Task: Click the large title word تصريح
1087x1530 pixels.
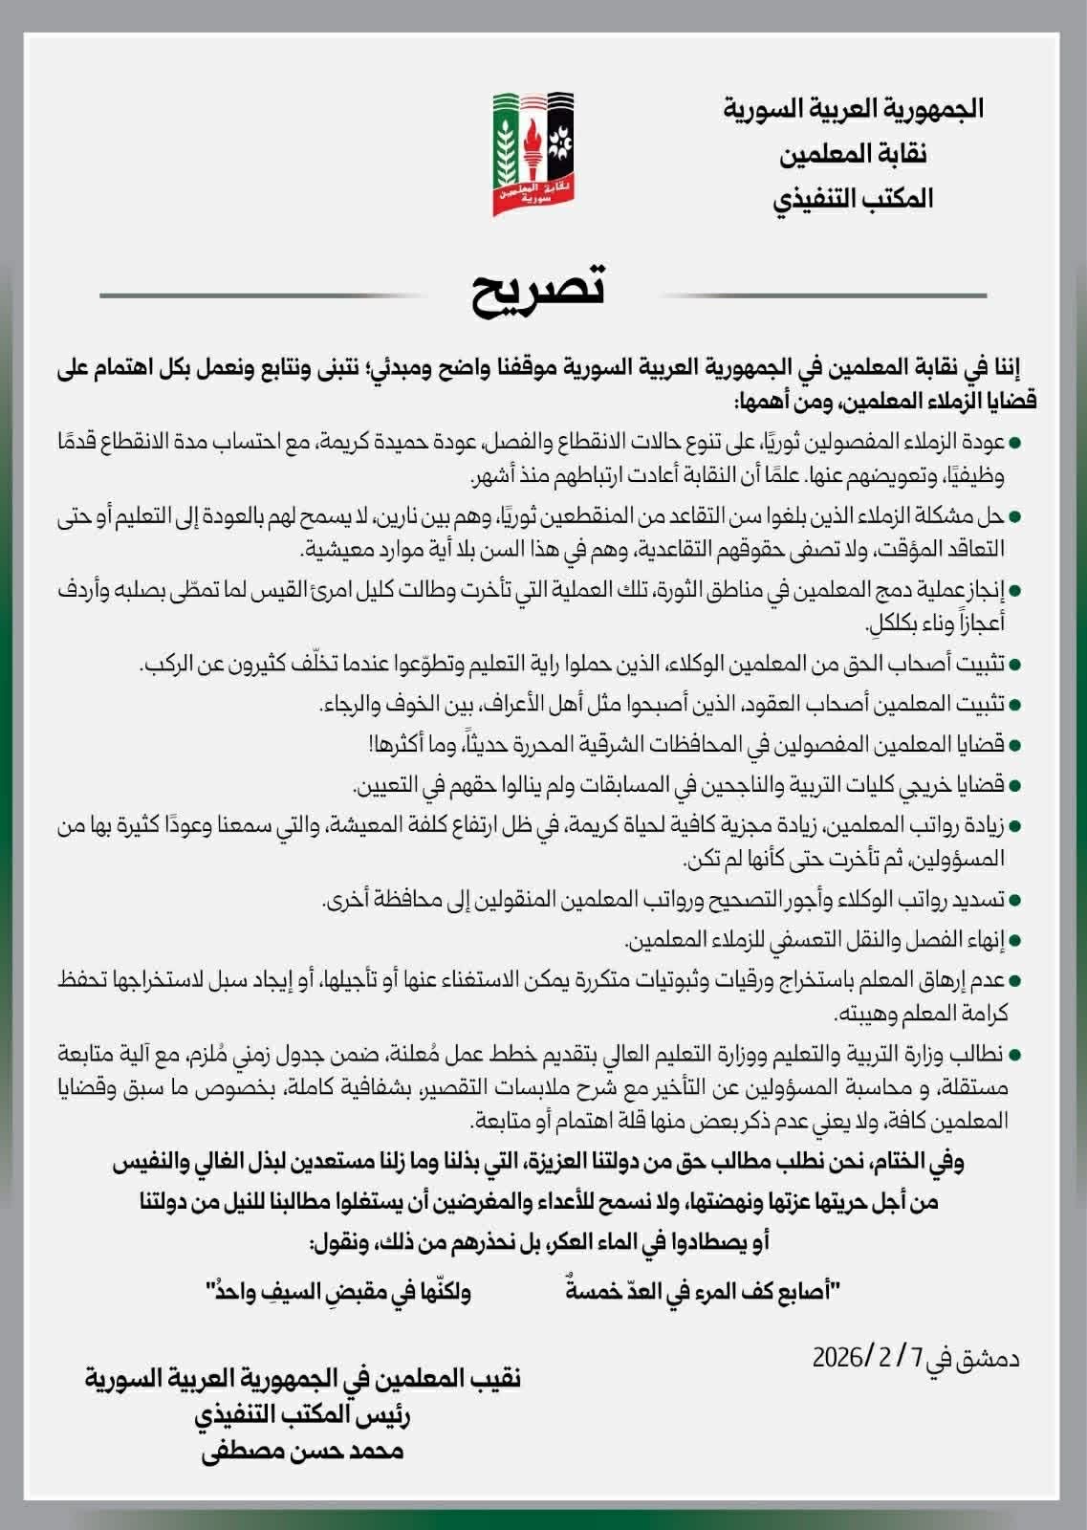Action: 538,291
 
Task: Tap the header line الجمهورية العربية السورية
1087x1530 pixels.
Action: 853,109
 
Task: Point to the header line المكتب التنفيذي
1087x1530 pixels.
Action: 853,198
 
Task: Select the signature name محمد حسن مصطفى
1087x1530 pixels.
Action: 303,1451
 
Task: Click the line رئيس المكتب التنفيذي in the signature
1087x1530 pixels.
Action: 304,1414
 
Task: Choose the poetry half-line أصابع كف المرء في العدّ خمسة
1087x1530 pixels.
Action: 703,1293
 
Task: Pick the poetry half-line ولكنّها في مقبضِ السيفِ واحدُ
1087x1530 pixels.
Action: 338,1293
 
